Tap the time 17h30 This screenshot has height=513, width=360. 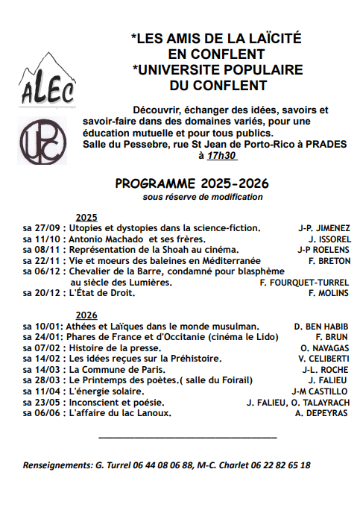(x=221, y=157)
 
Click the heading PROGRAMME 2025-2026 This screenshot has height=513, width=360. (x=192, y=183)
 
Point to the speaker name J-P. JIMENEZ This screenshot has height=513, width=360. (x=323, y=228)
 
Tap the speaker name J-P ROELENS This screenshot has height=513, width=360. (x=322, y=250)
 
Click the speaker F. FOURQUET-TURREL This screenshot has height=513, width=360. (x=303, y=283)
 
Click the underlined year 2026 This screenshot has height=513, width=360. (x=87, y=315)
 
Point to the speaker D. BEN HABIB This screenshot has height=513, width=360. (x=320, y=327)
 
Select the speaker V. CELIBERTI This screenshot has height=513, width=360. (x=322, y=359)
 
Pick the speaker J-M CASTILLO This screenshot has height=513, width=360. (x=319, y=391)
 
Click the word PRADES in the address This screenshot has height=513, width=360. (x=329, y=145)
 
